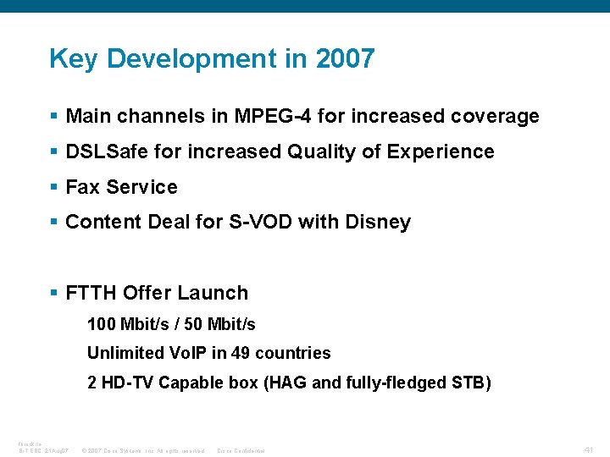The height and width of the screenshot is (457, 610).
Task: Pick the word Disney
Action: (378, 222)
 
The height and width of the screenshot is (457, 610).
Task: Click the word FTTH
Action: (91, 293)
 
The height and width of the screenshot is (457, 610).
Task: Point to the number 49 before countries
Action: (241, 353)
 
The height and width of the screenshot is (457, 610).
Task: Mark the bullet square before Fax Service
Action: (54, 187)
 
